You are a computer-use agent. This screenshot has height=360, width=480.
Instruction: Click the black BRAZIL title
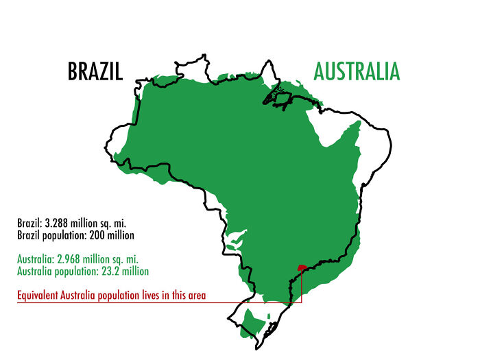(x=95, y=71)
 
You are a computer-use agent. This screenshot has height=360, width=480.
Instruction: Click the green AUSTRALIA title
(x=357, y=71)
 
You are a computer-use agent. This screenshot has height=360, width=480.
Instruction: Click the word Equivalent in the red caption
(x=40, y=297)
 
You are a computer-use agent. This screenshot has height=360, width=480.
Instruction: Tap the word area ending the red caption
(x=197, y=297)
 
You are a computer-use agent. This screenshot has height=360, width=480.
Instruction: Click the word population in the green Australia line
(x=77, y=271)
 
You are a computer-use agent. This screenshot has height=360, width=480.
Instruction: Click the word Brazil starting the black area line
(x=29, y=224)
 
